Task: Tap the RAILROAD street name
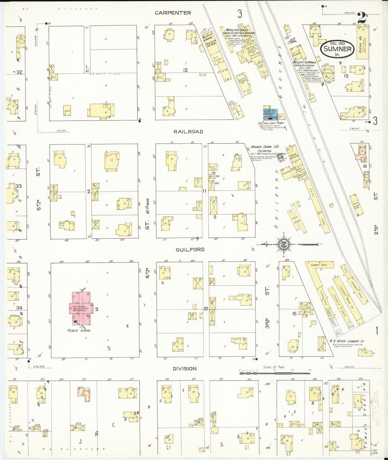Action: tap(188, 132)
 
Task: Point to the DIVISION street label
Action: tap(184, 368)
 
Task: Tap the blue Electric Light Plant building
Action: tap(271, 114)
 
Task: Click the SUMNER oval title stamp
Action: tap(338, 49)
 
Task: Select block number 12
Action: tap(185, 70)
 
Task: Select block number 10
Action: tap(205, 309)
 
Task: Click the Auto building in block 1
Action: tap(67, 110)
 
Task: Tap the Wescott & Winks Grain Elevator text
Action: tap(304, 64)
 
